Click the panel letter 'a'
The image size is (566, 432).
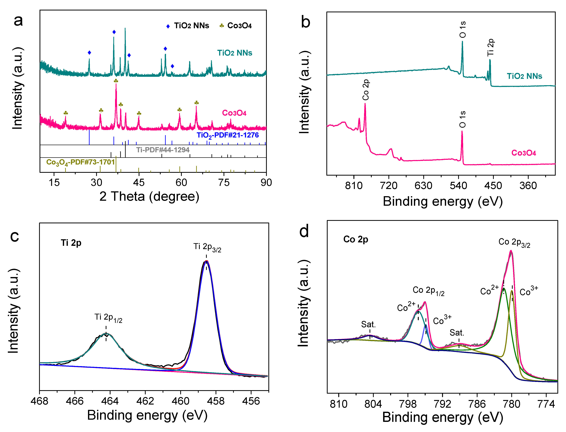(x=18, y=21)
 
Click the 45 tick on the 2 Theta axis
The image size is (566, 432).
(x=139, y=183)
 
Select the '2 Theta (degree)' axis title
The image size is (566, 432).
(x=149, y=197)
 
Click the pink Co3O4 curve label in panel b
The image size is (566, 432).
(x=523, y=153)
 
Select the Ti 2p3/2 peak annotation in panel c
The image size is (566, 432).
(x=207, y=247)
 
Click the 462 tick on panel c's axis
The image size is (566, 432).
(x=145, y=401)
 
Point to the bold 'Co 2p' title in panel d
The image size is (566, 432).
(x=356, y=239)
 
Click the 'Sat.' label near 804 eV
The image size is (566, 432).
(x=368, y=324)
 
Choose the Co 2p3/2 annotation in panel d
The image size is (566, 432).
(x=514, y=243)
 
